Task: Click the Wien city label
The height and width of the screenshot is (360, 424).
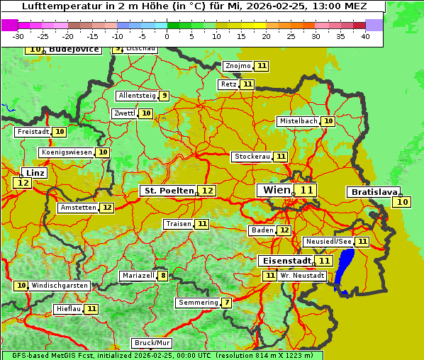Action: pyautogui.click(x=274, y=190)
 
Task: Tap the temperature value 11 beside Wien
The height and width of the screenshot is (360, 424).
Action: pyautogui.click(x=306, y=190)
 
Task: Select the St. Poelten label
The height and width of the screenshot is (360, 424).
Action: pyautogui.click(x=167, y=191)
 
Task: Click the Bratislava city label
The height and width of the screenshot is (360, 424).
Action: pyautogui.click(x=372, y=192)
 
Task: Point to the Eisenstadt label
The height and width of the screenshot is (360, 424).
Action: pyautogui.click(x=284, y=261)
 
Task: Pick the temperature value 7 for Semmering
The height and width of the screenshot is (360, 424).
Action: pyautogui.click(x=226, y=303)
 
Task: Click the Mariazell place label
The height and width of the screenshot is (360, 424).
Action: pyautogui.click(x=138, y=276)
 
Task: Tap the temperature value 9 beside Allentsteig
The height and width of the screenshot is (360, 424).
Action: pyautogui.click(x=164, y=96)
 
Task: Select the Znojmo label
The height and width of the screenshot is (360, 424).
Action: pyautogui.click(x=238, y=66)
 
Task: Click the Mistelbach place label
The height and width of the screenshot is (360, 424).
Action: pyautogui.click(x=298, y=121)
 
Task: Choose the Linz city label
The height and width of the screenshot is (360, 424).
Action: pyautogui.click(x=35, y=173)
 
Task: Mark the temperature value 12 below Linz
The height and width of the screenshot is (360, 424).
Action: pyautogui.click(x=22, y=183)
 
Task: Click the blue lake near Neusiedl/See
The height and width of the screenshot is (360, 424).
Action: pyautogui.click(x=345, y=269)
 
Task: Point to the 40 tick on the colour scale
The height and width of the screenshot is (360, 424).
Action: pyautogui.click(x=365, y=36)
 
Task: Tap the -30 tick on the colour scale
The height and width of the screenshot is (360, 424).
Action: pyautogui.click(x=18, y=36)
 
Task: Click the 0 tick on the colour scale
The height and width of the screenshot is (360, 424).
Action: pyautogui.click(x=167, y=36)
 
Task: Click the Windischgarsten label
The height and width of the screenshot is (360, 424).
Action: pyautogui.click(x=59, y=285)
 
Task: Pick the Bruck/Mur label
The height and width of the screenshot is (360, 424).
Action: pyautogui.click(x=152, y=343)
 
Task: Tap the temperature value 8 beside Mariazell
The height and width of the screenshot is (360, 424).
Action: pyautogui.click(x=163, y=276)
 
